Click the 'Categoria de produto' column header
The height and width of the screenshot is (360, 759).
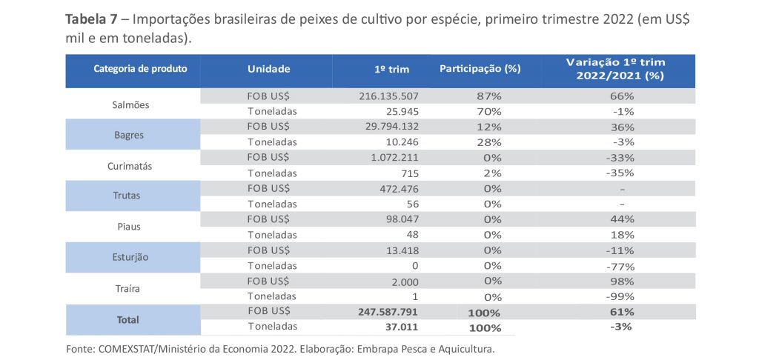tap(135, 69)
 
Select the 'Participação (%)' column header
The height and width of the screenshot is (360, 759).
tap(480, 69)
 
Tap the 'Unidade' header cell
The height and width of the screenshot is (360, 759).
tap(268, 69)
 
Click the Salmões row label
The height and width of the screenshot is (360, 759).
tap(130, 104)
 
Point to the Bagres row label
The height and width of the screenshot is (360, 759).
tap(130, 136)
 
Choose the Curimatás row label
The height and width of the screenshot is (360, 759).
tap(130, 166)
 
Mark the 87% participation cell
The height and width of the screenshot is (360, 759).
tap(488, 96)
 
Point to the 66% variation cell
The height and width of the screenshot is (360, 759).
tap(622, 96)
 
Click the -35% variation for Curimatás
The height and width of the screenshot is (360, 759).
tap(621, 173)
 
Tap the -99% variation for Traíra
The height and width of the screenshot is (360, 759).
tap(621, 296)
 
